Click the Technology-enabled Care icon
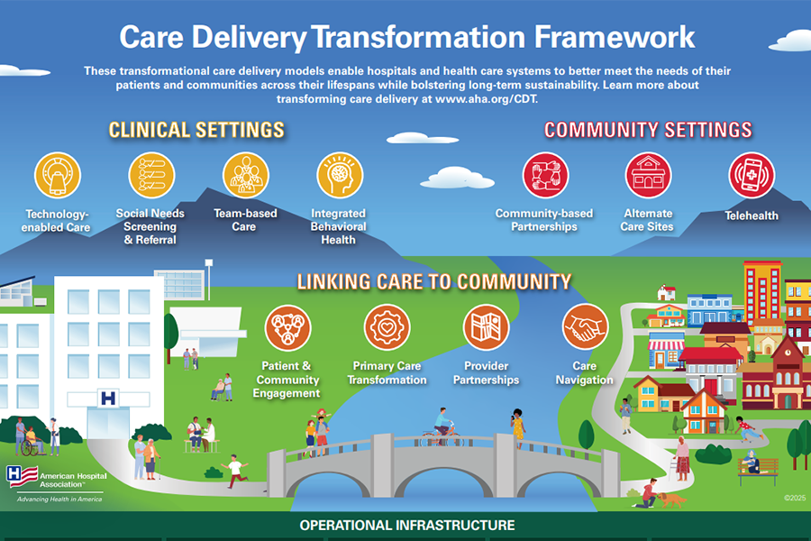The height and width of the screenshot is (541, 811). pyautogui.click(x=58, y=175)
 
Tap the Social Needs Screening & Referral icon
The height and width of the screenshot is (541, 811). pyautogui.click(x=151, y=175)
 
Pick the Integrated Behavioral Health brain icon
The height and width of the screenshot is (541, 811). pyautogui.click(x=339, y=175)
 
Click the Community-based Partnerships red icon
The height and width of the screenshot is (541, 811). pyautogui.click(x=545, y=175)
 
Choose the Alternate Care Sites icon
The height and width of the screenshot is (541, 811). pyautogui.click(x=649, y=175)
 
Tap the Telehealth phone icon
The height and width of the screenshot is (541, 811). pyautogui.click(x=752, y=175)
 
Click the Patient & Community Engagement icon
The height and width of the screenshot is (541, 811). pyautogui.click(x=288, y=326)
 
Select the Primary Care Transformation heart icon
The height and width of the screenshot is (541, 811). pyautogui.click(x=387, y=326)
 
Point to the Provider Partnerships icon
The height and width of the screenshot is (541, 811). pyautogui.click(x=487, y=326)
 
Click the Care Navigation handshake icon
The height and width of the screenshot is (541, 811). pyautogui.click(x=585, y=326)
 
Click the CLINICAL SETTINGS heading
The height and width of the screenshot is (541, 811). pyautogui.click(x=196, y=130)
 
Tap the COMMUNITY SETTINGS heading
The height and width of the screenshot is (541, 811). pyautogui.click(x=648, y=130)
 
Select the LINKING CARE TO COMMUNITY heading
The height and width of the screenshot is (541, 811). pyautogui.click(x=433, y=282)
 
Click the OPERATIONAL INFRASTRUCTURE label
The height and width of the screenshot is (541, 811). pyautogui.click(x=407, y=525)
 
